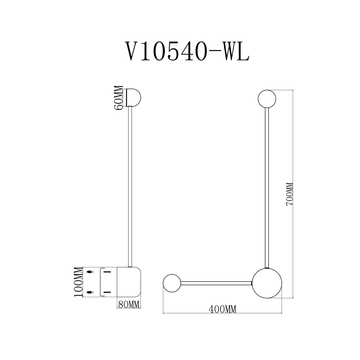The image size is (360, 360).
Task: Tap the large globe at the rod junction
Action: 266,280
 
